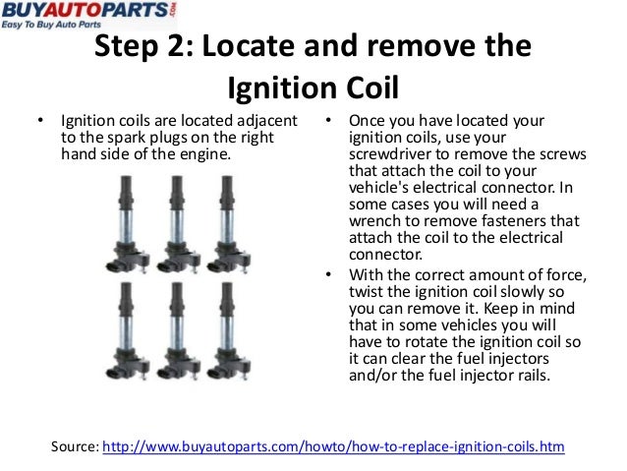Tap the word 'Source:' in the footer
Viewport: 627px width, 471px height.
click(74, 446)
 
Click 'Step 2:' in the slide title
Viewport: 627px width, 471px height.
click(139, 49)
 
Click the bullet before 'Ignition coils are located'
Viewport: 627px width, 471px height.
click(40, 121)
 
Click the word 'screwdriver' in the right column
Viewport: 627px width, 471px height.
click(389, 154)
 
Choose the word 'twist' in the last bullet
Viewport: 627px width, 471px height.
click(367, 289)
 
